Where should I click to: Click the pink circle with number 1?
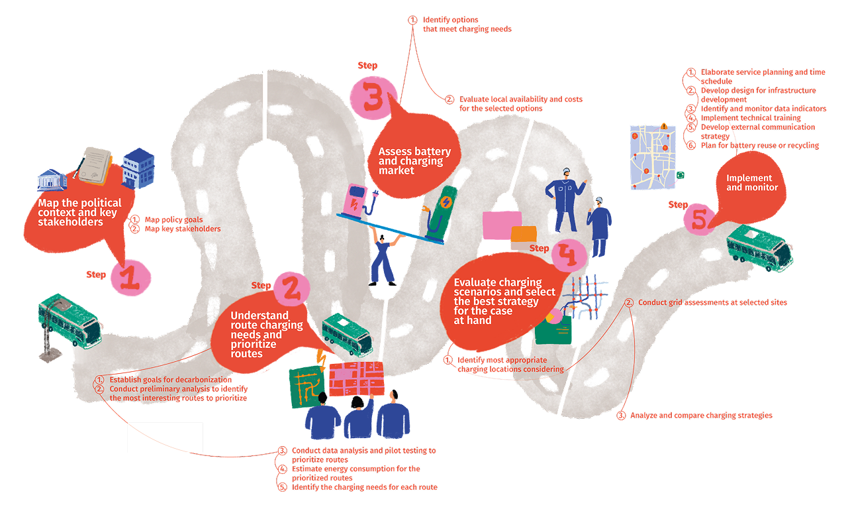pos(130,278)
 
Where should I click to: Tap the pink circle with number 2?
pos(291,289)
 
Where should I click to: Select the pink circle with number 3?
pos(373,98)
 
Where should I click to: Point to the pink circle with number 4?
pos(569,255)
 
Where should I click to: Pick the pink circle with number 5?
pos(700,219)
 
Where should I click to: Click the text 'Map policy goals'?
pos(173,219)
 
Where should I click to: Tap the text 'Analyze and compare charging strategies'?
pos(701,415)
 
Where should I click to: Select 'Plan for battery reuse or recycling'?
pos(760,145)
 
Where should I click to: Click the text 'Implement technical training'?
pos(751,117)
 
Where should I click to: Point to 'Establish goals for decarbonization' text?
pos(170,380)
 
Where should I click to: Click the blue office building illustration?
pos(138,168)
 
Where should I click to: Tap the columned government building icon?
pos(52,180)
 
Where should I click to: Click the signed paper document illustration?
pos(95,166)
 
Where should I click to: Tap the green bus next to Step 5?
pos(759,248)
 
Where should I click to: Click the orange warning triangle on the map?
pos(663,126)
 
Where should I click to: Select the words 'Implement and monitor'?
pos(752,182)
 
